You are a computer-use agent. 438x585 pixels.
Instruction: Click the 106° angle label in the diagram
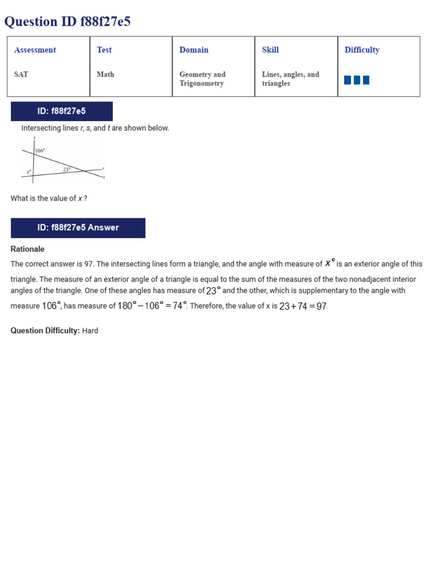click(40, 151)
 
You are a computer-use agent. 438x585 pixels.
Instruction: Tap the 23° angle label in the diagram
click(67, 169)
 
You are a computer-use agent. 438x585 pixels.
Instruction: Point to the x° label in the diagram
click(29, 171)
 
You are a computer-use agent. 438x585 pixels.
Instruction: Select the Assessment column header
click(35, 50)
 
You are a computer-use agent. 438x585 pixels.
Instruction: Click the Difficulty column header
click(362, 50)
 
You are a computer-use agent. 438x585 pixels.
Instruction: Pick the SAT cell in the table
click(21, 74)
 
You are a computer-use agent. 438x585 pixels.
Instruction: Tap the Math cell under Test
click(105, 74)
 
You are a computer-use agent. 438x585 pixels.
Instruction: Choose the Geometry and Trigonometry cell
click(202, 79)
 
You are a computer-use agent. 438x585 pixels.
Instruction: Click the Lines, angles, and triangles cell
click(290, 79)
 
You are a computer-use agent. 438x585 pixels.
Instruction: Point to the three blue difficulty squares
click(356, 80)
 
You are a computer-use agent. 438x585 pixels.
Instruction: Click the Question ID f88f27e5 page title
click(67, 22)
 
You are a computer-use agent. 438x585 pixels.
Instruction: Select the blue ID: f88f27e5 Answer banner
click(78, 227)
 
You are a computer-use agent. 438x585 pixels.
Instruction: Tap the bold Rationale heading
click(27, 249)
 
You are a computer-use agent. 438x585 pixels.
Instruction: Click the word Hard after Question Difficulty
click(90, 331)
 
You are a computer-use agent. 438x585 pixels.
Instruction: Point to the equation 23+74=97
click(303, 306)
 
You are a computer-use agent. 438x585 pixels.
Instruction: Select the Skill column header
click(270, 50)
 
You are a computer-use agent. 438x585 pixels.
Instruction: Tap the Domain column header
click(194, 50)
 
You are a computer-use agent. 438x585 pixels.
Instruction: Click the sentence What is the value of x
click(49, 198)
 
